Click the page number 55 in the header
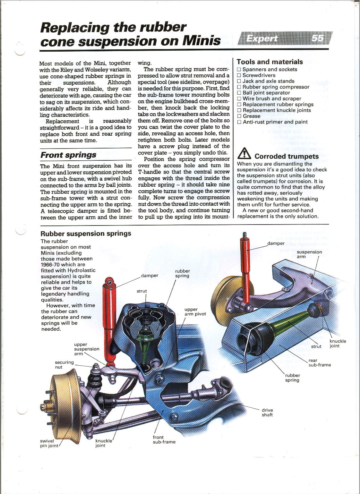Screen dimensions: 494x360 [317, 38]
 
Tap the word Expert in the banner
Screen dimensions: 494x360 [262, 39]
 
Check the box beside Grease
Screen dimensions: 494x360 [239, 116]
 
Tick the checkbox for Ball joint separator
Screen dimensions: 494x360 [239, 93]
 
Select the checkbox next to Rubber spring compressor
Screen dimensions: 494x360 [239, 87]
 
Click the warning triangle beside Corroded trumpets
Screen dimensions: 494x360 [244, 154]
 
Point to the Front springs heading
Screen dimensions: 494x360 [68, 155]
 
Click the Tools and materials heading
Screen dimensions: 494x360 [270, 62]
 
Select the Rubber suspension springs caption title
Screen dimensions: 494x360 [86, 234]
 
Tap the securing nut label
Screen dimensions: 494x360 [64, 365]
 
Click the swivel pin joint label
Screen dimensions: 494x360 [49, 443]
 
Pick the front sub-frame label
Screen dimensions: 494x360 [164, 439]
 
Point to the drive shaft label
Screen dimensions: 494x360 [267, 412]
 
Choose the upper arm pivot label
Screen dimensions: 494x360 [195, 311]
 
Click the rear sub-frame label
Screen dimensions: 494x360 [319, 363]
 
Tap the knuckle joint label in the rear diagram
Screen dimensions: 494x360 [338, 344]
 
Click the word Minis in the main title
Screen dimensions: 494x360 [201, 41]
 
